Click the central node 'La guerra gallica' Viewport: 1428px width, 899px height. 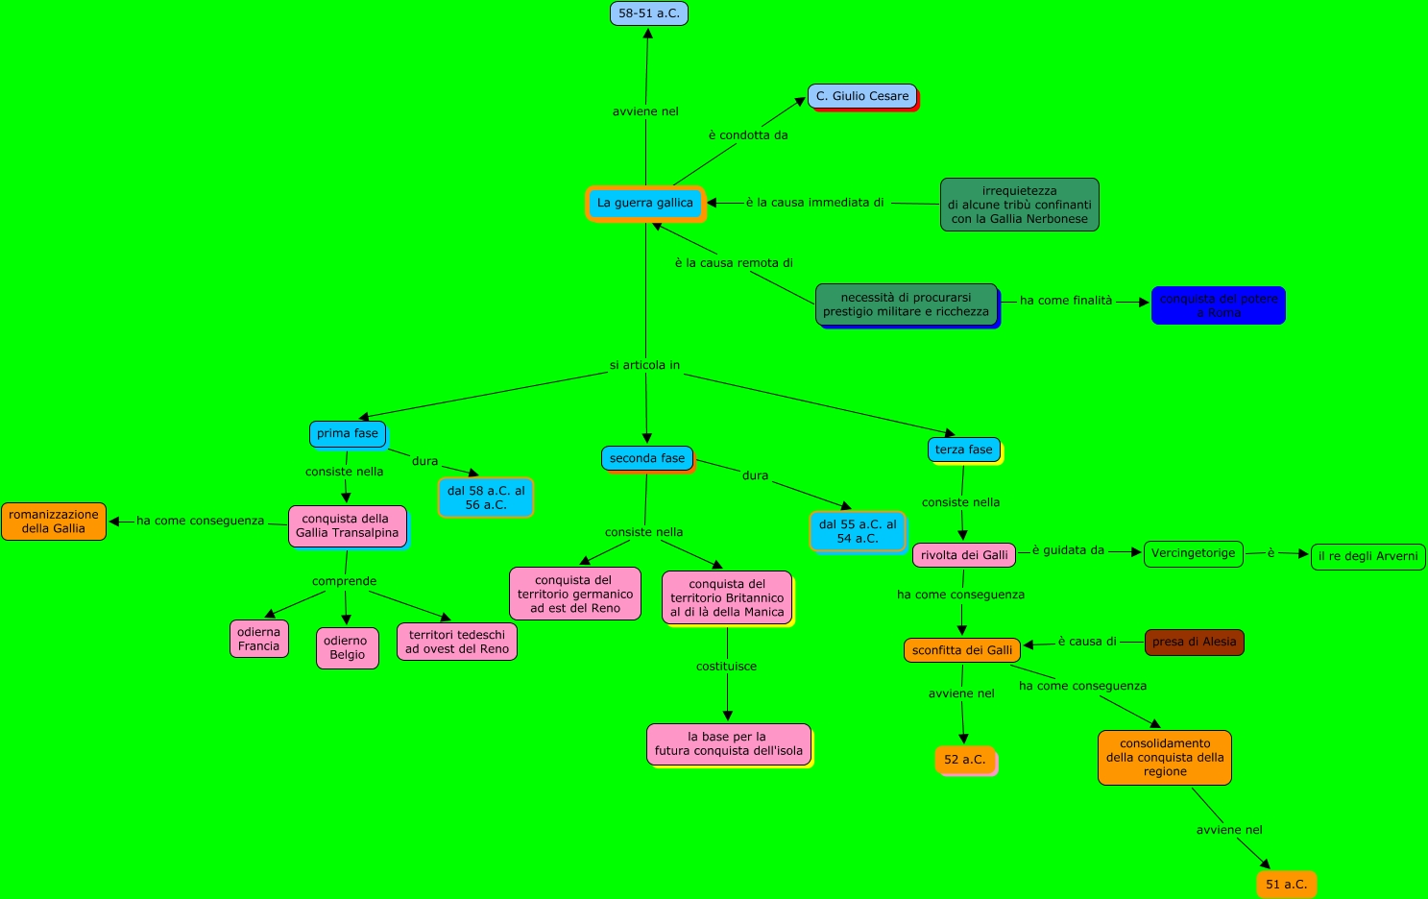[x=645, y=204]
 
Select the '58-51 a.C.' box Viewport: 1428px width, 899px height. [x=649, y=13]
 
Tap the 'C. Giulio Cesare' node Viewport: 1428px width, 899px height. [x=862, y=96]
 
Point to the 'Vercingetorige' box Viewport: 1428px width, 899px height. [x=1194, y=553]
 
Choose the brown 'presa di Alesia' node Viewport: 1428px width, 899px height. [x=1194, y=642]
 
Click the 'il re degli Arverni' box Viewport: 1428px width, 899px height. [x=1367, y=556]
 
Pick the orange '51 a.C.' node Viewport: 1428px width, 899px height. [x=1286, y=884]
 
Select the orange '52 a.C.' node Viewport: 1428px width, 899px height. [x=964, y=760]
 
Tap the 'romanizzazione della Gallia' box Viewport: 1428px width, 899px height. [x=54, y=522]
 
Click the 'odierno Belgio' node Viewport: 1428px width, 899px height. [x=347, y=647]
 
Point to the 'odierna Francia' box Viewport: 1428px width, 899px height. [x=259, y=639]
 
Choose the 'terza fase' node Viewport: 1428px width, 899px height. [x=964, y=449]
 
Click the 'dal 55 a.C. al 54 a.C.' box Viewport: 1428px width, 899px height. [x=858, y=531]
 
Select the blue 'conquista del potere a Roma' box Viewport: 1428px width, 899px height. [x=1218, y=305]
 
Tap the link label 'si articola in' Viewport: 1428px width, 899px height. [x=644, y=365]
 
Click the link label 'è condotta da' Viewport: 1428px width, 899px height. [x=748, y=135]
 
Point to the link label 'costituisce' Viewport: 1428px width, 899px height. [x=726, y=667]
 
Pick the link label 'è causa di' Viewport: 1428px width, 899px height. [x=1087, y=642]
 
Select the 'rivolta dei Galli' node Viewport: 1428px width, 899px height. [x=964, y=555]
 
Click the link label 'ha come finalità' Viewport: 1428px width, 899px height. [x=1066, y=301]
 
